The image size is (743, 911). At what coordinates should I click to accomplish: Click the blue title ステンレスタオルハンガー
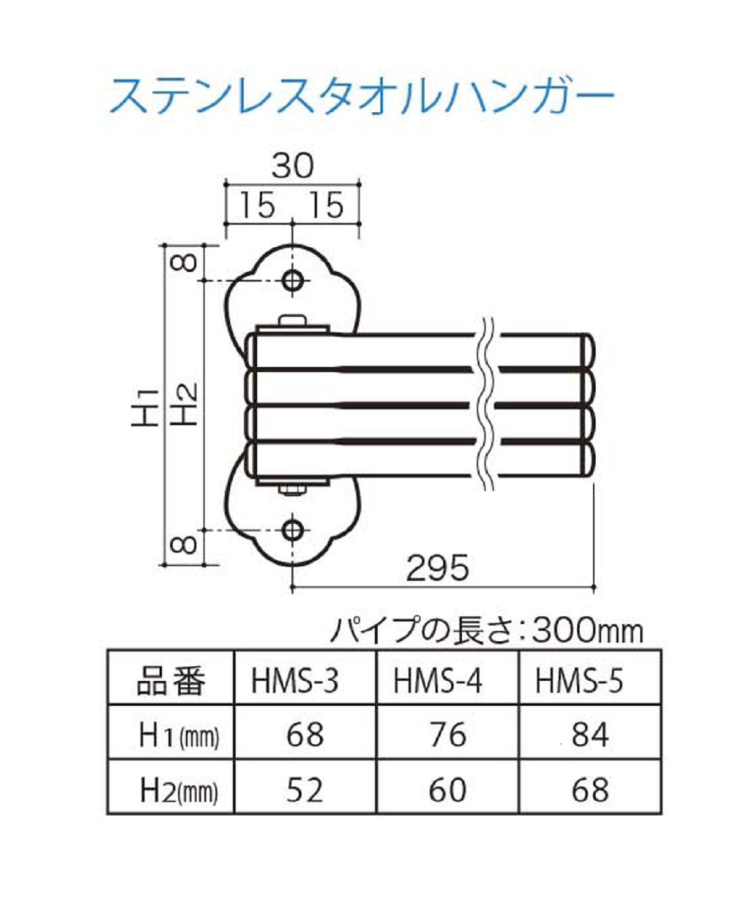point(362,96)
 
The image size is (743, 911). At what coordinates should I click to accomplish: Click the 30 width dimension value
point(292,166)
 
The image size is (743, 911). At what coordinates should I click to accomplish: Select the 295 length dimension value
point(437,568)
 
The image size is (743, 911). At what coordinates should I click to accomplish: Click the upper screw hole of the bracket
point(293,281)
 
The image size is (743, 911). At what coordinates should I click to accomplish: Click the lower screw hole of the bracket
point(293,530)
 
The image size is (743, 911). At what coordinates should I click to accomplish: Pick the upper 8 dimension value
point(184,263)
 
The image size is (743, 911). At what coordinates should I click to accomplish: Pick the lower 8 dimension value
point(184,545)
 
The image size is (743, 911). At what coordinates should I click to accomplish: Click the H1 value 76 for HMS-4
point(448,735)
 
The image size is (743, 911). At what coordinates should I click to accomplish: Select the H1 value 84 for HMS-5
point(590,735)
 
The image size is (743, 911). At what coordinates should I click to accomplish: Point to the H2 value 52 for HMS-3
point(305,789)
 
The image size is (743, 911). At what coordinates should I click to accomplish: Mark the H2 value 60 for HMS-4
point(448,789)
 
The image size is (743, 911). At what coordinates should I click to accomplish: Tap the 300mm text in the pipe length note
point(587,630)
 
